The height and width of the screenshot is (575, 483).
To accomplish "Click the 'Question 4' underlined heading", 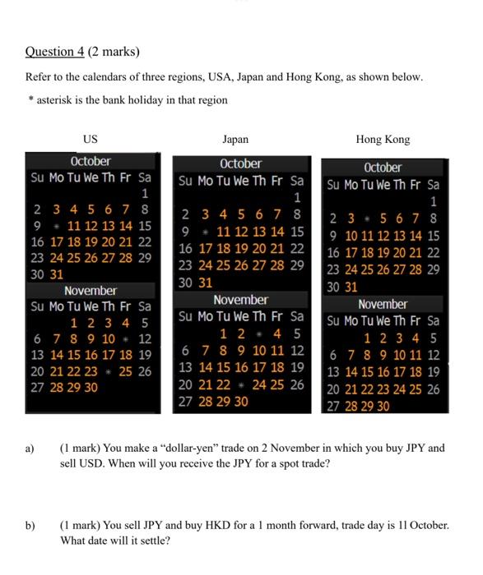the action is [54, 52].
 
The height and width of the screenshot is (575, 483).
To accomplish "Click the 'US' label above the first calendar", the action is [91, 140].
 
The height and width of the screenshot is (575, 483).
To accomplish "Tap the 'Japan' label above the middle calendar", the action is [235, 140].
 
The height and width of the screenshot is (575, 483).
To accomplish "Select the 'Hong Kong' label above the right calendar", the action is [383, 140].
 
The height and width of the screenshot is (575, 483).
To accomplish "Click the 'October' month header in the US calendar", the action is [91, 161].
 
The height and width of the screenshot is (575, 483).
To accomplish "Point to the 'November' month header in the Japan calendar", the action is [240, 300].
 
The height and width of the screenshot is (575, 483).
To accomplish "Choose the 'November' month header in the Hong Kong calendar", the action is [383, 304].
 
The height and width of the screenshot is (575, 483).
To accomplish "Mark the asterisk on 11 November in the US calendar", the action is [123, 338].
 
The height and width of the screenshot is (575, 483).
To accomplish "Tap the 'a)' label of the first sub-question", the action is [30, 448].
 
